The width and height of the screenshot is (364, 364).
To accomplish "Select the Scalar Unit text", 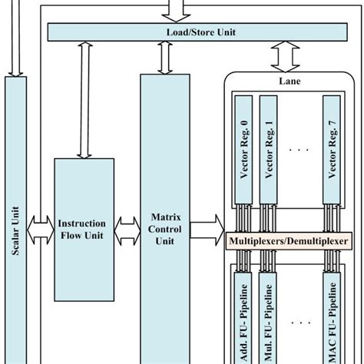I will (16, 230).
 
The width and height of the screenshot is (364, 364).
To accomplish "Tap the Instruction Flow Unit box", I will (84, 229).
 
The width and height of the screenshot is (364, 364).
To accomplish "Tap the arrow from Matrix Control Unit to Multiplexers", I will (206, 230).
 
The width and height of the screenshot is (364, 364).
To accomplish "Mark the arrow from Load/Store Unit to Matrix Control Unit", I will (164, 58).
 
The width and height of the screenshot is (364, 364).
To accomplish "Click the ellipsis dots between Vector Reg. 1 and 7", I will (299, 149).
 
